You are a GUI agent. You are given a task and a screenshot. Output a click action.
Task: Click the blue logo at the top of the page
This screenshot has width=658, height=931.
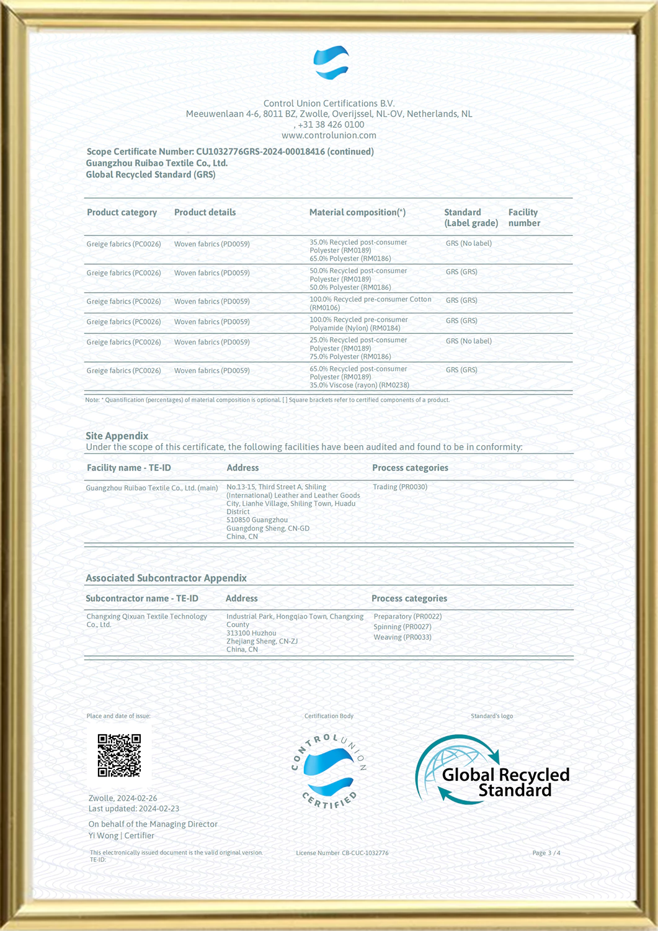331,63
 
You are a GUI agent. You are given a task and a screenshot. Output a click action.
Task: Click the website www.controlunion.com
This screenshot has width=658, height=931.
329,135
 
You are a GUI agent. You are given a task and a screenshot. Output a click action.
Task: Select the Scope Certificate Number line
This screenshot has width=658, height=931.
230,151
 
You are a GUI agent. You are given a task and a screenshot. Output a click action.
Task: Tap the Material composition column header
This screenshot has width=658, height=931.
357,212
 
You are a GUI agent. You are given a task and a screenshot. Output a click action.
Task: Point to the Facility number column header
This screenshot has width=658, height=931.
524,217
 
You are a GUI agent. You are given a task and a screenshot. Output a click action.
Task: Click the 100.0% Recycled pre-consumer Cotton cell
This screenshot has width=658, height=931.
370,303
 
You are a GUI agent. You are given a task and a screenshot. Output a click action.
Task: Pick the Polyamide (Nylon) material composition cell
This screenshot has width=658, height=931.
358,323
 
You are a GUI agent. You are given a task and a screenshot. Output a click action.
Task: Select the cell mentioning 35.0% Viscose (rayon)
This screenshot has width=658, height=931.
359,377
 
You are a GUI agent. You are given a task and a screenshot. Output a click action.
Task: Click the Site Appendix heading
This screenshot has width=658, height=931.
117,436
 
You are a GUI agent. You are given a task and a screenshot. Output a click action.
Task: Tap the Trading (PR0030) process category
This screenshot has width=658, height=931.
400,487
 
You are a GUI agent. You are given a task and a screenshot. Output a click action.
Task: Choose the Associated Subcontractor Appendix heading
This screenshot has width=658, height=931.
166,578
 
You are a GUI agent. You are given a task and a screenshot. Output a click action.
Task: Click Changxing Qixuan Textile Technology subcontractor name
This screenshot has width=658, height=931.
146,620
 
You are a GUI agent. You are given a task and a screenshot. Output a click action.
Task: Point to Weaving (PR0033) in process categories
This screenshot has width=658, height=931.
402,637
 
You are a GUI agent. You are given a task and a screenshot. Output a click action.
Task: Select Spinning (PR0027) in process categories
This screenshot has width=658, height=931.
402,627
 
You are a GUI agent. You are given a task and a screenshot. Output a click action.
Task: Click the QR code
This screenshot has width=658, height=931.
119,755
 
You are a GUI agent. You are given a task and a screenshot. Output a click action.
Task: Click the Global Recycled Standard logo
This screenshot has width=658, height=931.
492,771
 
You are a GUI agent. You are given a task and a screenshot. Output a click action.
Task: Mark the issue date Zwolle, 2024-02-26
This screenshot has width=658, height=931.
123,798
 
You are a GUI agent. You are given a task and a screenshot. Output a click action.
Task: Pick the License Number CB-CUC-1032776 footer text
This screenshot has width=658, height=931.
342,853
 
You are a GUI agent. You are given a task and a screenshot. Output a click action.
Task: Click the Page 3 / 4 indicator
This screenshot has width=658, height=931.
546,853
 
